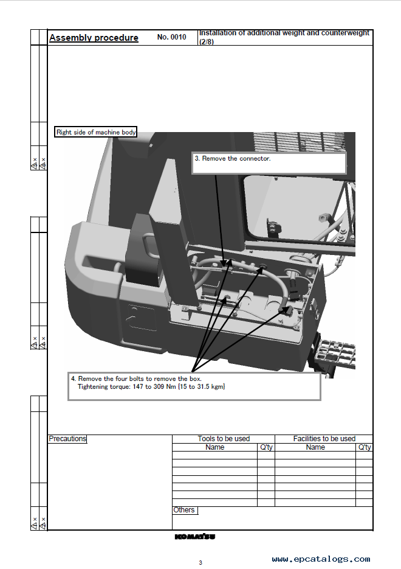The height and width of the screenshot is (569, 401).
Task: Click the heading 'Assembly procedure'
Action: [x=94, y=38]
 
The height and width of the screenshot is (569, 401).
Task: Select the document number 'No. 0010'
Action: [x=172, y=37]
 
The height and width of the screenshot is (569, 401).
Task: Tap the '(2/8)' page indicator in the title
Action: [x=207, y=42]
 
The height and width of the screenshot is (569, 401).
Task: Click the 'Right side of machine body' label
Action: [x=96, y=132]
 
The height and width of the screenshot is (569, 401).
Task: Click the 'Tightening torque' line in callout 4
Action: [x=151, y=387]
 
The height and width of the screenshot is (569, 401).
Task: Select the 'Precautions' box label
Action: [x=67, y=439]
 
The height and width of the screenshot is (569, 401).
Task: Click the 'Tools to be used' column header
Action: [x=224, y=439]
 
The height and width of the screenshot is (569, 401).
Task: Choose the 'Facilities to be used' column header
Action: [x=324, y=439]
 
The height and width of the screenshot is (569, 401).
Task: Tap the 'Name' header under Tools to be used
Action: [x=215, y=447]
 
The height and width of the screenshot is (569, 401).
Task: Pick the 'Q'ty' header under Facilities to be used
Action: [x=365, y=447]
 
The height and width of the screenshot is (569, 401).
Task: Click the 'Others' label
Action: [x=184, y=510]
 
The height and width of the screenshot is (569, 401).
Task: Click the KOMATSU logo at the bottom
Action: [x=195, y=537]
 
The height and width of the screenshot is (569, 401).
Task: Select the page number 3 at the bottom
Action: [x=200, y=563]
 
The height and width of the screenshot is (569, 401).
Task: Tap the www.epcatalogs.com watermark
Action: [x=321, y=559]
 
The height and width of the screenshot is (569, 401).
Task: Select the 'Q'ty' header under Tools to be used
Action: [x=266, y=447]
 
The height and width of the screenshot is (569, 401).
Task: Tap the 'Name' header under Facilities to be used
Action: [x=315, y=447]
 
